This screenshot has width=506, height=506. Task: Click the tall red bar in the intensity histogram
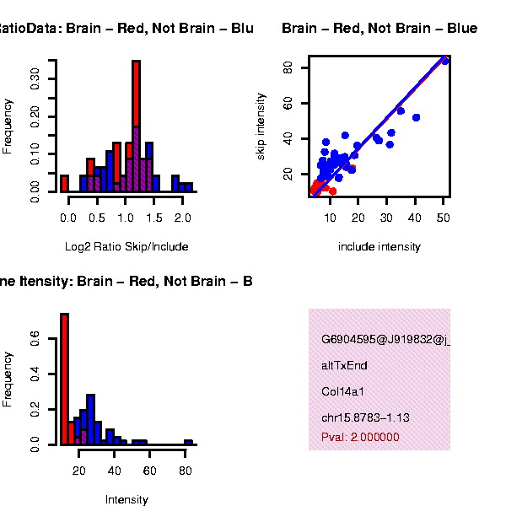click(64, 379)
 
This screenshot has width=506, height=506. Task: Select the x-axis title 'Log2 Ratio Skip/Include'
click(126, 247)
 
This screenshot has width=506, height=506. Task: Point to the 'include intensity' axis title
click(379, 247)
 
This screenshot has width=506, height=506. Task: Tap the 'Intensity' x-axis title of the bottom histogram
click(126, 500)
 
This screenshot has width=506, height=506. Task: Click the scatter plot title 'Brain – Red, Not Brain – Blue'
click(379, 29)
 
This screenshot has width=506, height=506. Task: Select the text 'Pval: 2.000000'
click(360, 437)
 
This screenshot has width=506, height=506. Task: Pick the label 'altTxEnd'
click(344, 365)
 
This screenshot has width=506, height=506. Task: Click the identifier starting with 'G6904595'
click(385, 340)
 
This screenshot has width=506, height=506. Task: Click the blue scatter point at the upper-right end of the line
click(445, 61)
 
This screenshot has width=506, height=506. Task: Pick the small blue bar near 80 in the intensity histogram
click(189, 442)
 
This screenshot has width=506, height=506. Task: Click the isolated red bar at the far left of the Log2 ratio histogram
click(64, 183)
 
